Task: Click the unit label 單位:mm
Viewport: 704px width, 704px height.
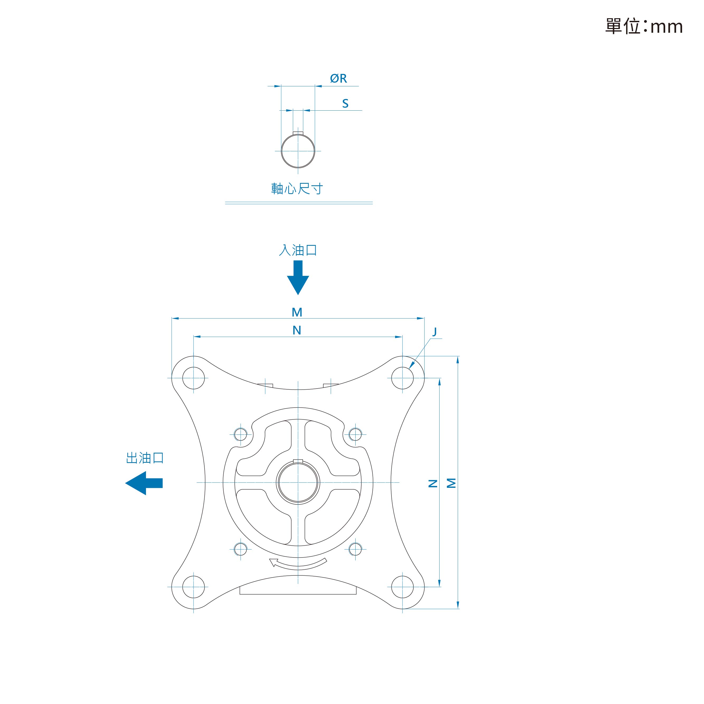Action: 644,26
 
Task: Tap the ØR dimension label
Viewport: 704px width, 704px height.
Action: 338,78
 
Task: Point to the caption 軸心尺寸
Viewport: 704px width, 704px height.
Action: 297,189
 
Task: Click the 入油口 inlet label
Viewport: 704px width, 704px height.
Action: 298,250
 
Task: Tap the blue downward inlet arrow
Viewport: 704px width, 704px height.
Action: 298,277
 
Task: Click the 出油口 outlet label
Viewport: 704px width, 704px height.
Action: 145,458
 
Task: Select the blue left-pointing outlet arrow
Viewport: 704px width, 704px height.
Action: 144,483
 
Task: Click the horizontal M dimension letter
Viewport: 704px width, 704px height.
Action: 297,312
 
